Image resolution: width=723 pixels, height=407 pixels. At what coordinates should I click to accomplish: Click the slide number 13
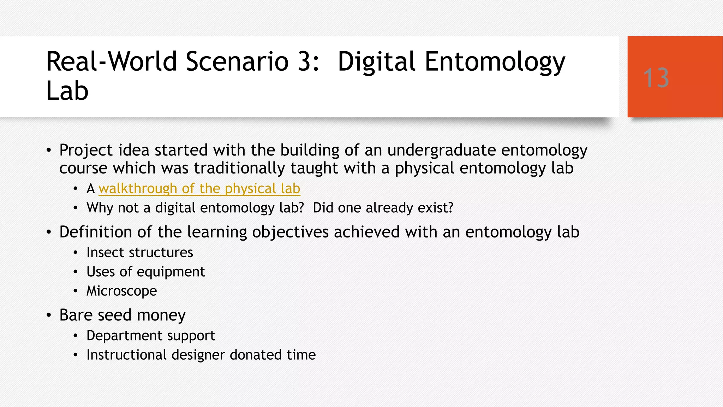656,78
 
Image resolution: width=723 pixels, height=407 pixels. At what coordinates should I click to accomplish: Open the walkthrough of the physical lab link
199,189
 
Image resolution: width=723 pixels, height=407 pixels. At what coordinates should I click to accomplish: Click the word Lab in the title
67,91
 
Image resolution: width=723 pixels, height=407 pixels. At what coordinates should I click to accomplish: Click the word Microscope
121,291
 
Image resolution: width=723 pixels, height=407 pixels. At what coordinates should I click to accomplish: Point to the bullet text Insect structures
139,253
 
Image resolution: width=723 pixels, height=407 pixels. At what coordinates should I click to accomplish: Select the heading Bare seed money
122,315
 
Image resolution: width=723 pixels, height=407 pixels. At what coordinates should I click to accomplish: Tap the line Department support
150,336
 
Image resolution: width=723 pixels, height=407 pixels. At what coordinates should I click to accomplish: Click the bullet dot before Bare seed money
49,315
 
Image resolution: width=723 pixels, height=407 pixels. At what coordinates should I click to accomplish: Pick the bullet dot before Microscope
75,291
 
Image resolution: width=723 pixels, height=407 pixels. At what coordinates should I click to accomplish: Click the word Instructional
126,355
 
